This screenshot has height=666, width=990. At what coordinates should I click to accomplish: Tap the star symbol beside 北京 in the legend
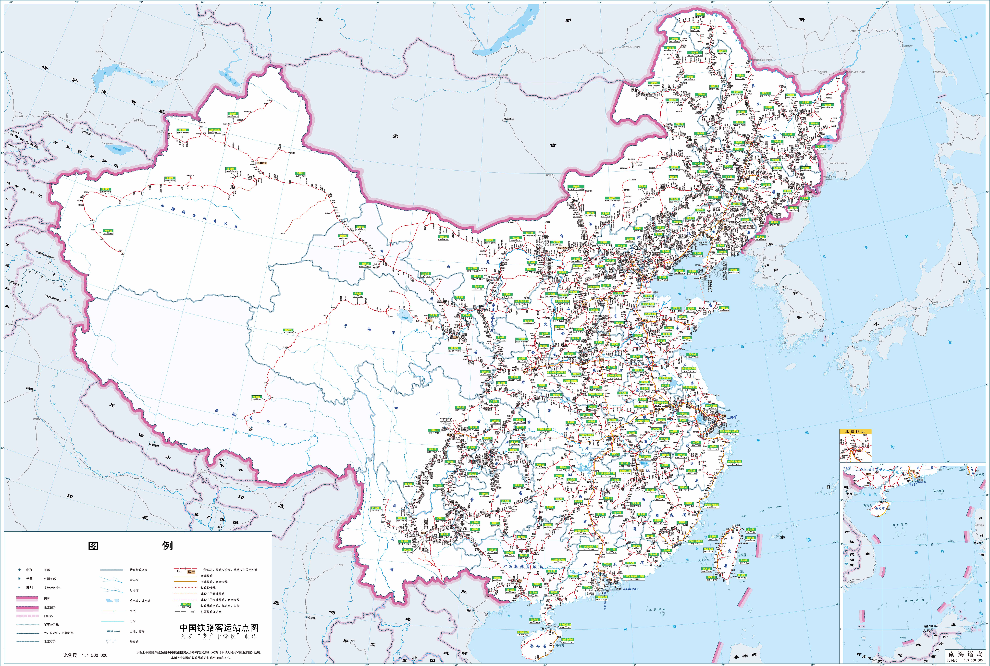(x=20, y=570)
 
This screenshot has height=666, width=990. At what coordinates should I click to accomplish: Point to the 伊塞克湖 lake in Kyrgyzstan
(x=114, y=149)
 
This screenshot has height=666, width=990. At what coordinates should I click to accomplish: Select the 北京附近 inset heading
(x=855, y=432)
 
